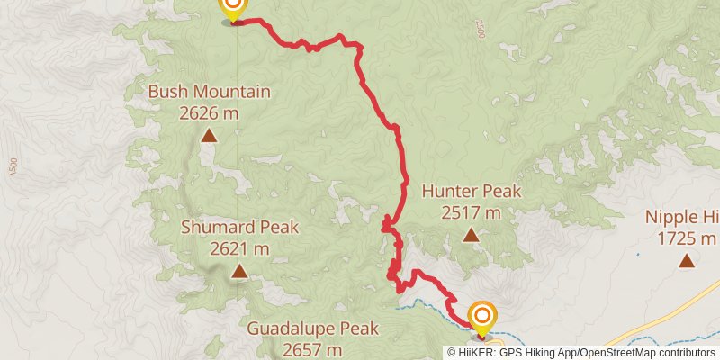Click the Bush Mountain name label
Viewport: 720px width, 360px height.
pos(209,92)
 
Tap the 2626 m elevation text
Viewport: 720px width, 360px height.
pos(209,112)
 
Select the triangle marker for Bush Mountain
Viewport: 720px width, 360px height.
pos(209,136)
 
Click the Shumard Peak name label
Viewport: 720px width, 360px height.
pos(239,228)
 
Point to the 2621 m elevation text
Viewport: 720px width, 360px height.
pos(239,248)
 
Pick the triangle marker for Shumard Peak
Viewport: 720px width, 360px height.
pos(239,271)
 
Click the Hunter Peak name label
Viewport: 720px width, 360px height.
pos(471,192)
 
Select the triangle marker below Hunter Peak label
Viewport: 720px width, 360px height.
pos(471,236)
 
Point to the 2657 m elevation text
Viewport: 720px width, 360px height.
pos(313,349)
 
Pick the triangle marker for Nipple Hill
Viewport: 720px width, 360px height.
pos(687,262)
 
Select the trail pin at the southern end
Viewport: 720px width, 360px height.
pos(482,317)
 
